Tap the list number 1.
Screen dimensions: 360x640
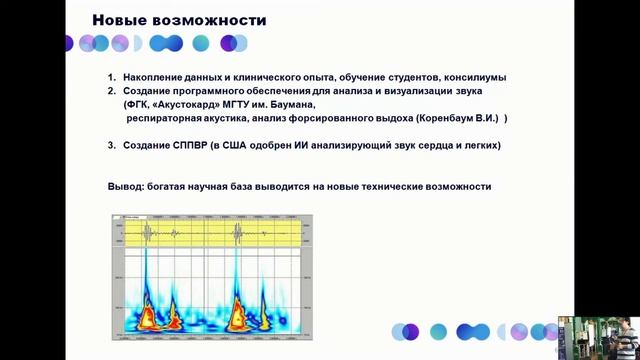(112, 77)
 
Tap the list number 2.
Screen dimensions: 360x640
(112, 91)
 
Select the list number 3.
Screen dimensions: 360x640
(112, 146)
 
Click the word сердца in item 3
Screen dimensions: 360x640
(431, 146)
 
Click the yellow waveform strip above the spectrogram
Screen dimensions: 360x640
(215, 234)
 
